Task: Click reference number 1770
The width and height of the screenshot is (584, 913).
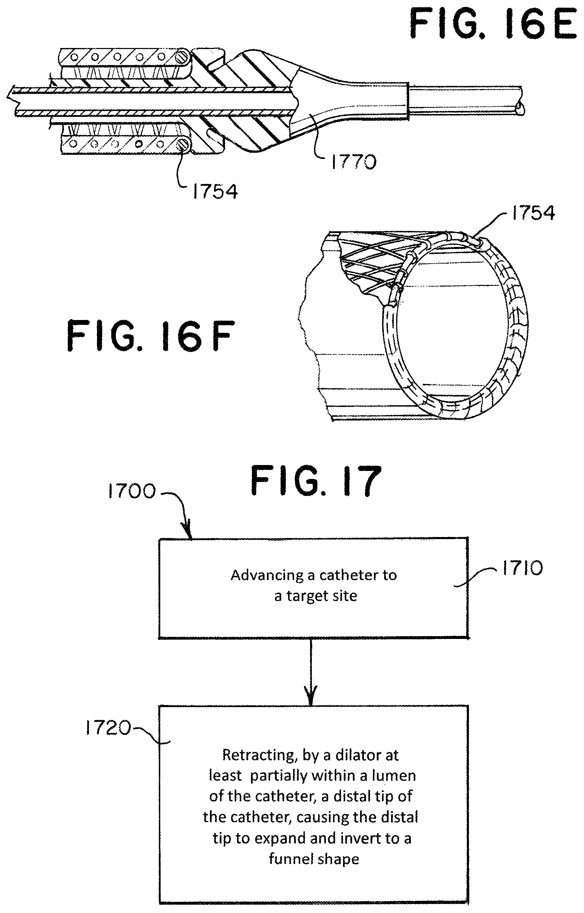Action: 354,162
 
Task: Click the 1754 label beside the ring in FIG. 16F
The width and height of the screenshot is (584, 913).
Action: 533,213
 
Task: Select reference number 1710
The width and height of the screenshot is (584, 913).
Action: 522,569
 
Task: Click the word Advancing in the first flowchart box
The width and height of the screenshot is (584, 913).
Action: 267,575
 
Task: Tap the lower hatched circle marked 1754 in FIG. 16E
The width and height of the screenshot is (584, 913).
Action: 183,144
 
